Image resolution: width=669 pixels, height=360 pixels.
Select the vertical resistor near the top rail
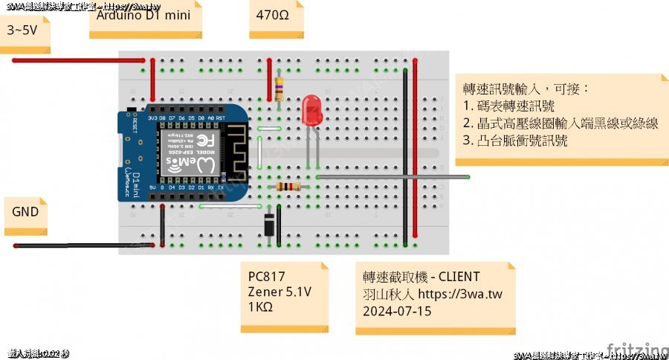pos(279,89)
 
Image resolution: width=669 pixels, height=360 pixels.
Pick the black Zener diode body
pos(269,223)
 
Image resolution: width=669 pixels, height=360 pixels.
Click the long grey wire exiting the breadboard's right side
pos(431,177)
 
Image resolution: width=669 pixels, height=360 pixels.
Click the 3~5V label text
pos(23,30)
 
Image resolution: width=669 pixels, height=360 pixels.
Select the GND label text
pos(25,211)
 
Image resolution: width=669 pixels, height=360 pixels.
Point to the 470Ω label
pos(268,14)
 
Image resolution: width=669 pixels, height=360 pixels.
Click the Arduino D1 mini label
pos(141,14)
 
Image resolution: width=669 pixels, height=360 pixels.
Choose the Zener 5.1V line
pos(279,292)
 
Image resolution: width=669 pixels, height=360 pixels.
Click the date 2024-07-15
pos(397,311)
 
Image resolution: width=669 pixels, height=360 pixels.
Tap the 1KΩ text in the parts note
pos(260,307)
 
